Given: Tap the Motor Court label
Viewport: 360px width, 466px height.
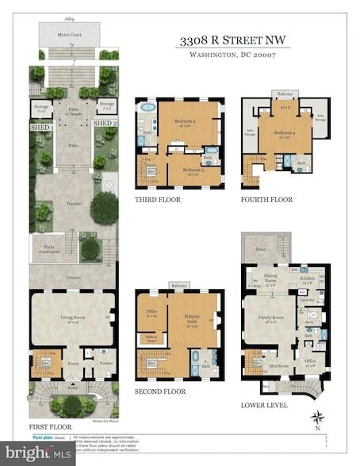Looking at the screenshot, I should point(71,36).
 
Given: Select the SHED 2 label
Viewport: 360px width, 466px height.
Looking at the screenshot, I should point(105,124).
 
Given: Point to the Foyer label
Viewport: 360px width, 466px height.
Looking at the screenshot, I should point(72,365).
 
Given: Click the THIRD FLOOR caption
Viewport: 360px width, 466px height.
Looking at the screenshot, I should point(158,200).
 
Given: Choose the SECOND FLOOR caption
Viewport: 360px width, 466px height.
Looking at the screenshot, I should point(161,392).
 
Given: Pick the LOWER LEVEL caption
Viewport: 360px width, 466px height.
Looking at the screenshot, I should point(264,404).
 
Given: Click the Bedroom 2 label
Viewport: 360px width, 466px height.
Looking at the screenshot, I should point(185,121).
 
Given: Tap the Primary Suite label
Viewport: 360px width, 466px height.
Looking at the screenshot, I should point(190,321).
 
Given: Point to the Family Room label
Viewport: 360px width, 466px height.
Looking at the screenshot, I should point(268,319).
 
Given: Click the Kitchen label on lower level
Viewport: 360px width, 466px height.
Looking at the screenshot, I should point(307,279).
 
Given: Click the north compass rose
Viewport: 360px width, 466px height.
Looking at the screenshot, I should point(318,416).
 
